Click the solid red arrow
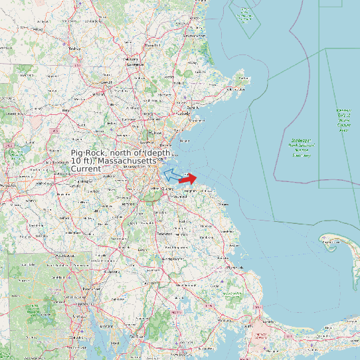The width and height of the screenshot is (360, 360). (188, 178)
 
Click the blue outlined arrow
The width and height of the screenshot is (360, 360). (171, 175)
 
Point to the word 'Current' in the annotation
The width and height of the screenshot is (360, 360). (86, 169)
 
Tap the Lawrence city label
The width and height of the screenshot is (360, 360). (135, 64)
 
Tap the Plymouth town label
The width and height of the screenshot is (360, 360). (234, 268)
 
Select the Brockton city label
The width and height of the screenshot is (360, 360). (163, 234)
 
